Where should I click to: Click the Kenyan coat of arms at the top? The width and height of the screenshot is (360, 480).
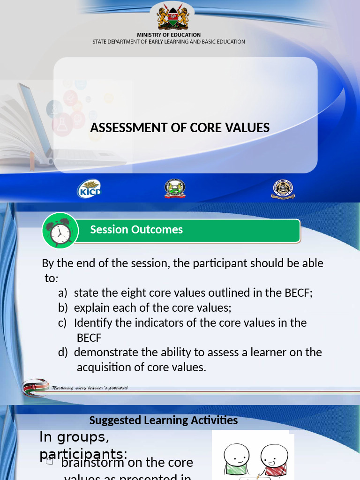pos(172,17)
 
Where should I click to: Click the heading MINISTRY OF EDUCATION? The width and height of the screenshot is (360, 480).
pos(169,35)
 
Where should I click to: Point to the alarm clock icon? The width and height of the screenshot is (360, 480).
pos(60,230)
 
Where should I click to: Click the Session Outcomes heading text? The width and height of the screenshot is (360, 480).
pos(136,230)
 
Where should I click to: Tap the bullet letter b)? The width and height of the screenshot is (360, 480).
pos(63,308)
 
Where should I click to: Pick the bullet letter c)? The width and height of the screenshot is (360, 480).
pos(63,323)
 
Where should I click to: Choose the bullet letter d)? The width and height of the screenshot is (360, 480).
pos(63,352)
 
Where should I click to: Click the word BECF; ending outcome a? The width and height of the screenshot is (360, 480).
pos(298,293)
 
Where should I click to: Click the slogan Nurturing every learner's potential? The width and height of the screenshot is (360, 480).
pos(90,388)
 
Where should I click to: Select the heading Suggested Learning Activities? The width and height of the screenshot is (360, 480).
pos(164,420)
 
